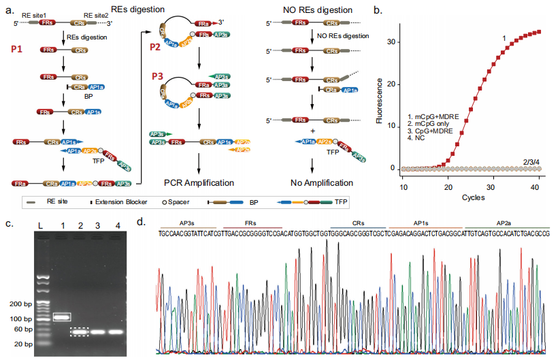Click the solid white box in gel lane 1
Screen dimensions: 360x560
[x=62, y=316]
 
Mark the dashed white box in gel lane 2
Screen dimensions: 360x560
[x=80, y=331]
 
